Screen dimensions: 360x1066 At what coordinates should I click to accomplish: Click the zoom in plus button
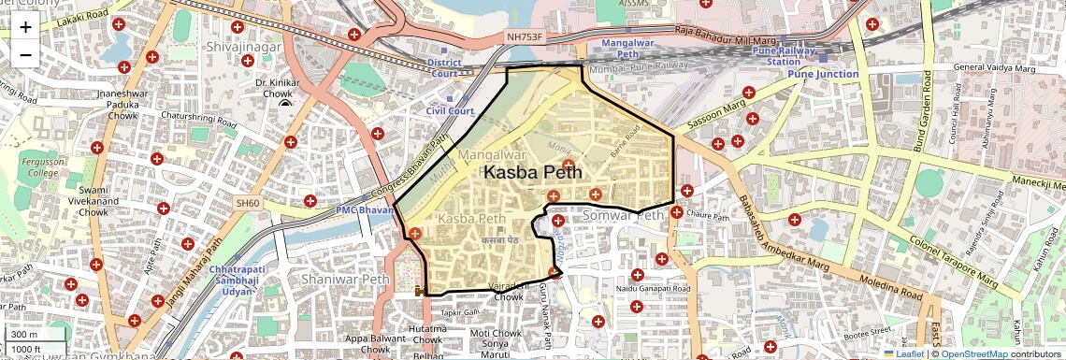pos(25,26)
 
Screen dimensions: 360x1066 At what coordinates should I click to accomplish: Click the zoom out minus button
pos(25,54)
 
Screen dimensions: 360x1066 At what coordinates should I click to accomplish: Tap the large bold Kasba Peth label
pos(532,172)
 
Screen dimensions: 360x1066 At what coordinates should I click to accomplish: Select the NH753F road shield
pos(524,36)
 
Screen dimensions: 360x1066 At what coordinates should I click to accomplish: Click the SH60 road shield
pos(248,202)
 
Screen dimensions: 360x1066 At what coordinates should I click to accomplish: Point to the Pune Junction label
pos(822,74)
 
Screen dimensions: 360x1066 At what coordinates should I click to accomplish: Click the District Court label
pos(444,68)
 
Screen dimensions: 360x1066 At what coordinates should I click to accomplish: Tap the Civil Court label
pos(450,110)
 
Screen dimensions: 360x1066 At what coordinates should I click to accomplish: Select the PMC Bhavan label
pos(366,211)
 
